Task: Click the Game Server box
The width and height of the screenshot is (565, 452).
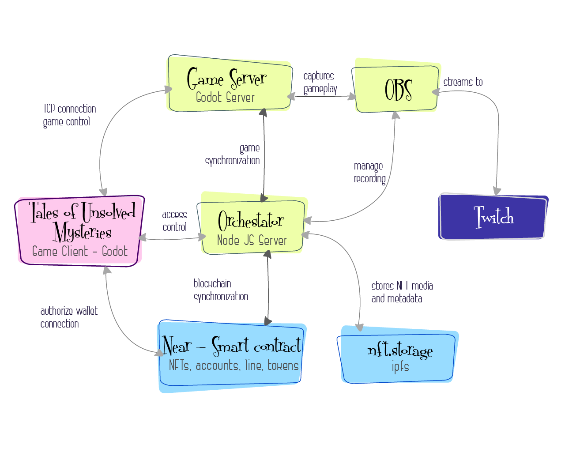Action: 230,84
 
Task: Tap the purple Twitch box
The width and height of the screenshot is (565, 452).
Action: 493,217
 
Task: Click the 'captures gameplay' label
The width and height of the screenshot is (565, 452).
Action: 320,83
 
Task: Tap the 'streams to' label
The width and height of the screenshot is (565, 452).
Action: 463,82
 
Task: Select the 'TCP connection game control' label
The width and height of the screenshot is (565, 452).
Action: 69,115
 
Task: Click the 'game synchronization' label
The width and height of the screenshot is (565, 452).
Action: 233,154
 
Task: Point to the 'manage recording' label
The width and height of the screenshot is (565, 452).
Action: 369,172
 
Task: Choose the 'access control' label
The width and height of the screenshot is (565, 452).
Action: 174,221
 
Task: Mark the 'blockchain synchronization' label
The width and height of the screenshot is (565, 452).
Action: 220,290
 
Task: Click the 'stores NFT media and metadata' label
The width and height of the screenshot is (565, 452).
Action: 402,292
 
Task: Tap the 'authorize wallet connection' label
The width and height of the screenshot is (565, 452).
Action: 68,317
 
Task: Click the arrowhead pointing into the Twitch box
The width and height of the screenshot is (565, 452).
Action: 497,191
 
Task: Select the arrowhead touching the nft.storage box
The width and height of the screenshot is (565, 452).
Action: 359,328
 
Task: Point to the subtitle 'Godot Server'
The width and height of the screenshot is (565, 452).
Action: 225,98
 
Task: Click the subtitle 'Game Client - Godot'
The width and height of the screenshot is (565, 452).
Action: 80,252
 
